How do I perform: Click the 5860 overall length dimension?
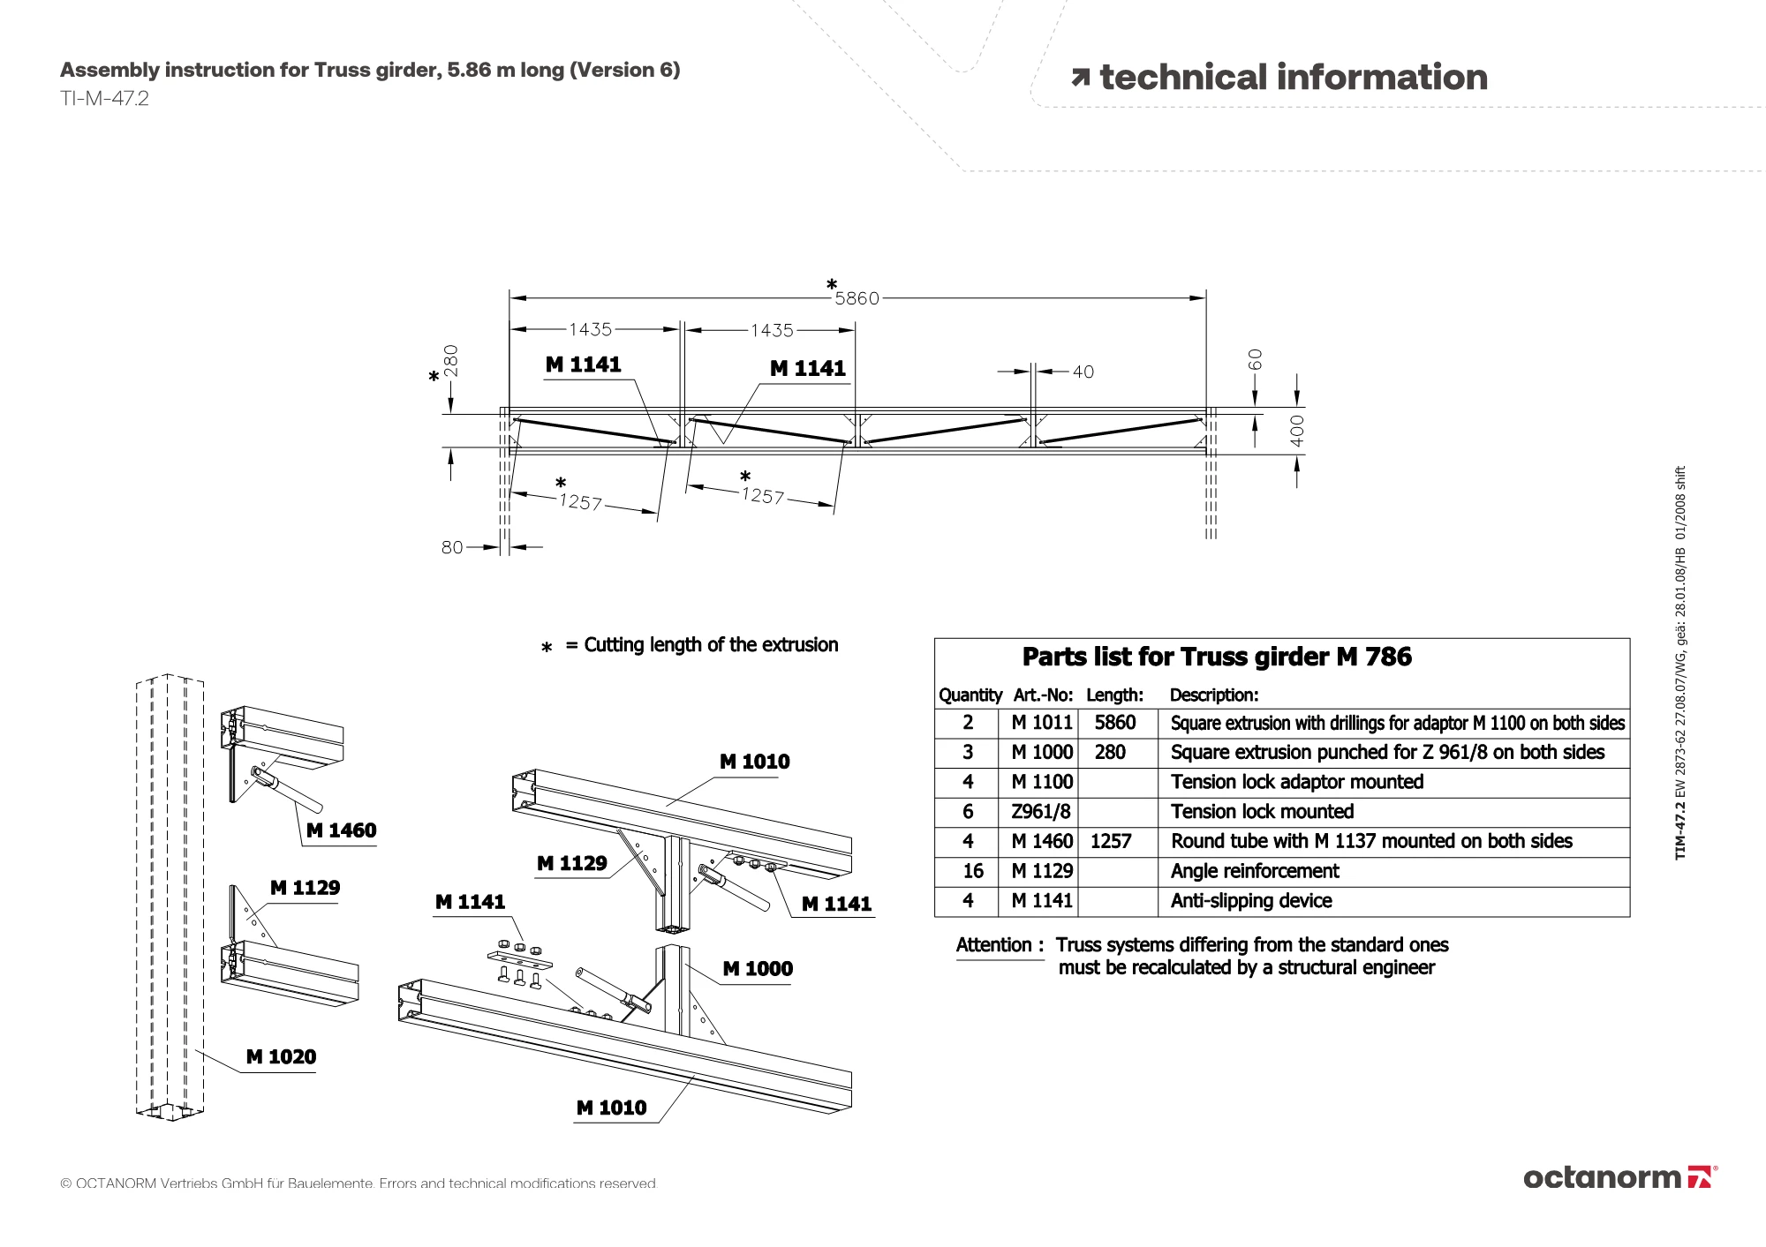pos(857,298)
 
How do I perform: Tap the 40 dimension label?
pos(1083,372)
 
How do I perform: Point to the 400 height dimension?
pos(1296,431)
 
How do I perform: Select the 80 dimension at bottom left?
pos(452,547)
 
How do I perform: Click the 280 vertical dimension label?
pos(450,361)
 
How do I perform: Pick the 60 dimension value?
pos(1255,359)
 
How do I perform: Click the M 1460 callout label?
pos(341,830)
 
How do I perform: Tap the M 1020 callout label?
pos(281,1056)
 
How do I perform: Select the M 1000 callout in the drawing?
pos(758,968)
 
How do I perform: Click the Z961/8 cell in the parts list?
pos(1041,812)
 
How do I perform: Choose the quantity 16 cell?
pos(973,871)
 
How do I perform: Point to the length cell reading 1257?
pos(1111,841)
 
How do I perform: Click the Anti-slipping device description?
pos(1251,901)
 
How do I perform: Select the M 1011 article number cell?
pos(1042,723)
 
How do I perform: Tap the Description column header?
pos(1214,695)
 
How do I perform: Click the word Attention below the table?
pos(993,945)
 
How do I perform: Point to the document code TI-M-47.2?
pos(104,98)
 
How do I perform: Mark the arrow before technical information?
pos(1081,79)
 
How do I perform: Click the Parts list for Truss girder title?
pos(1217,657)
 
